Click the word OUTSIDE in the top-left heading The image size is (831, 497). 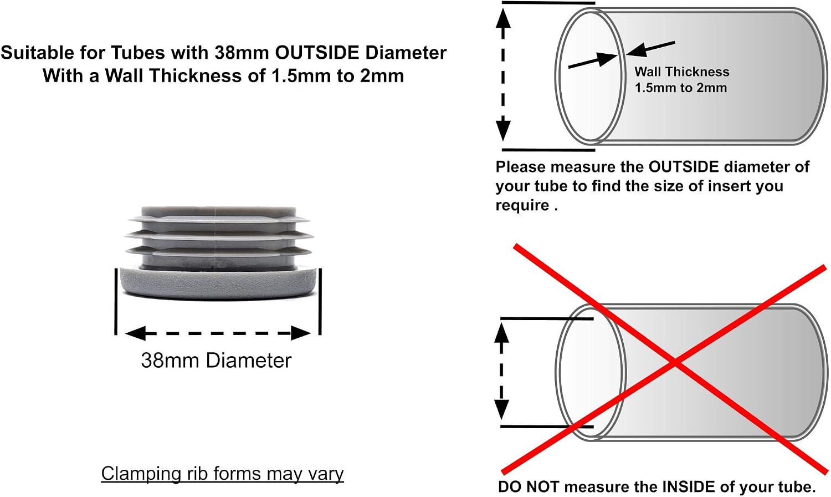click(x=317, y=53)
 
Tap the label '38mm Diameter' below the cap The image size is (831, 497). click(x=216, y=361)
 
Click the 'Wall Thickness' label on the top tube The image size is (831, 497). click(x=682, y=72)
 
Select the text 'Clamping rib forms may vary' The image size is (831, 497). click(x=223, y=474)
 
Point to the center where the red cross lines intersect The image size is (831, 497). click(x=675, y=363)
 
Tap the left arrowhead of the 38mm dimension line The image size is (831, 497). click(x=135, y=333)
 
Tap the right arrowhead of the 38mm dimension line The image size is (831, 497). click(x=300, y=333)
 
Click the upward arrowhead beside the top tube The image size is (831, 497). click(x=503, y=18)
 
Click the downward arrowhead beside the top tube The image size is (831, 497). click(x=503, y=128)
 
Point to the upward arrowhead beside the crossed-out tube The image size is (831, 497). click(x=501, y=333)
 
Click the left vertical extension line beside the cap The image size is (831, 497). click(x=116, y=301)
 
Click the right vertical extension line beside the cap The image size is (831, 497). click(x=320, y=301)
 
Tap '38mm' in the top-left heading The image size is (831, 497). click(x=242, y=53)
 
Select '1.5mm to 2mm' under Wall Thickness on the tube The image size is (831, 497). click(x=681, y=88)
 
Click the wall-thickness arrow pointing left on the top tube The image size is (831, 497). click(x=650, y=49)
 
